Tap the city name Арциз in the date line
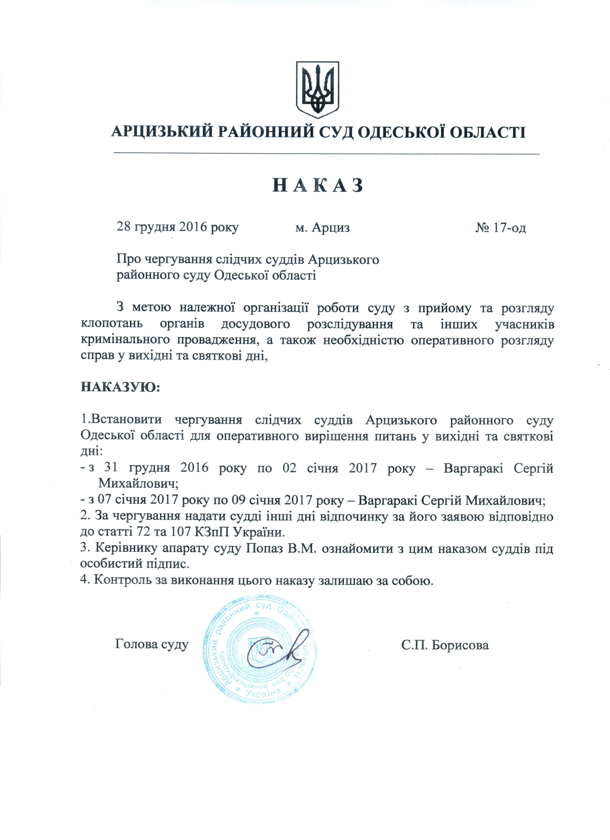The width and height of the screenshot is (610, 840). (x=331, y=227)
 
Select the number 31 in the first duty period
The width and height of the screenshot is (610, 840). (x=111, y=468)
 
